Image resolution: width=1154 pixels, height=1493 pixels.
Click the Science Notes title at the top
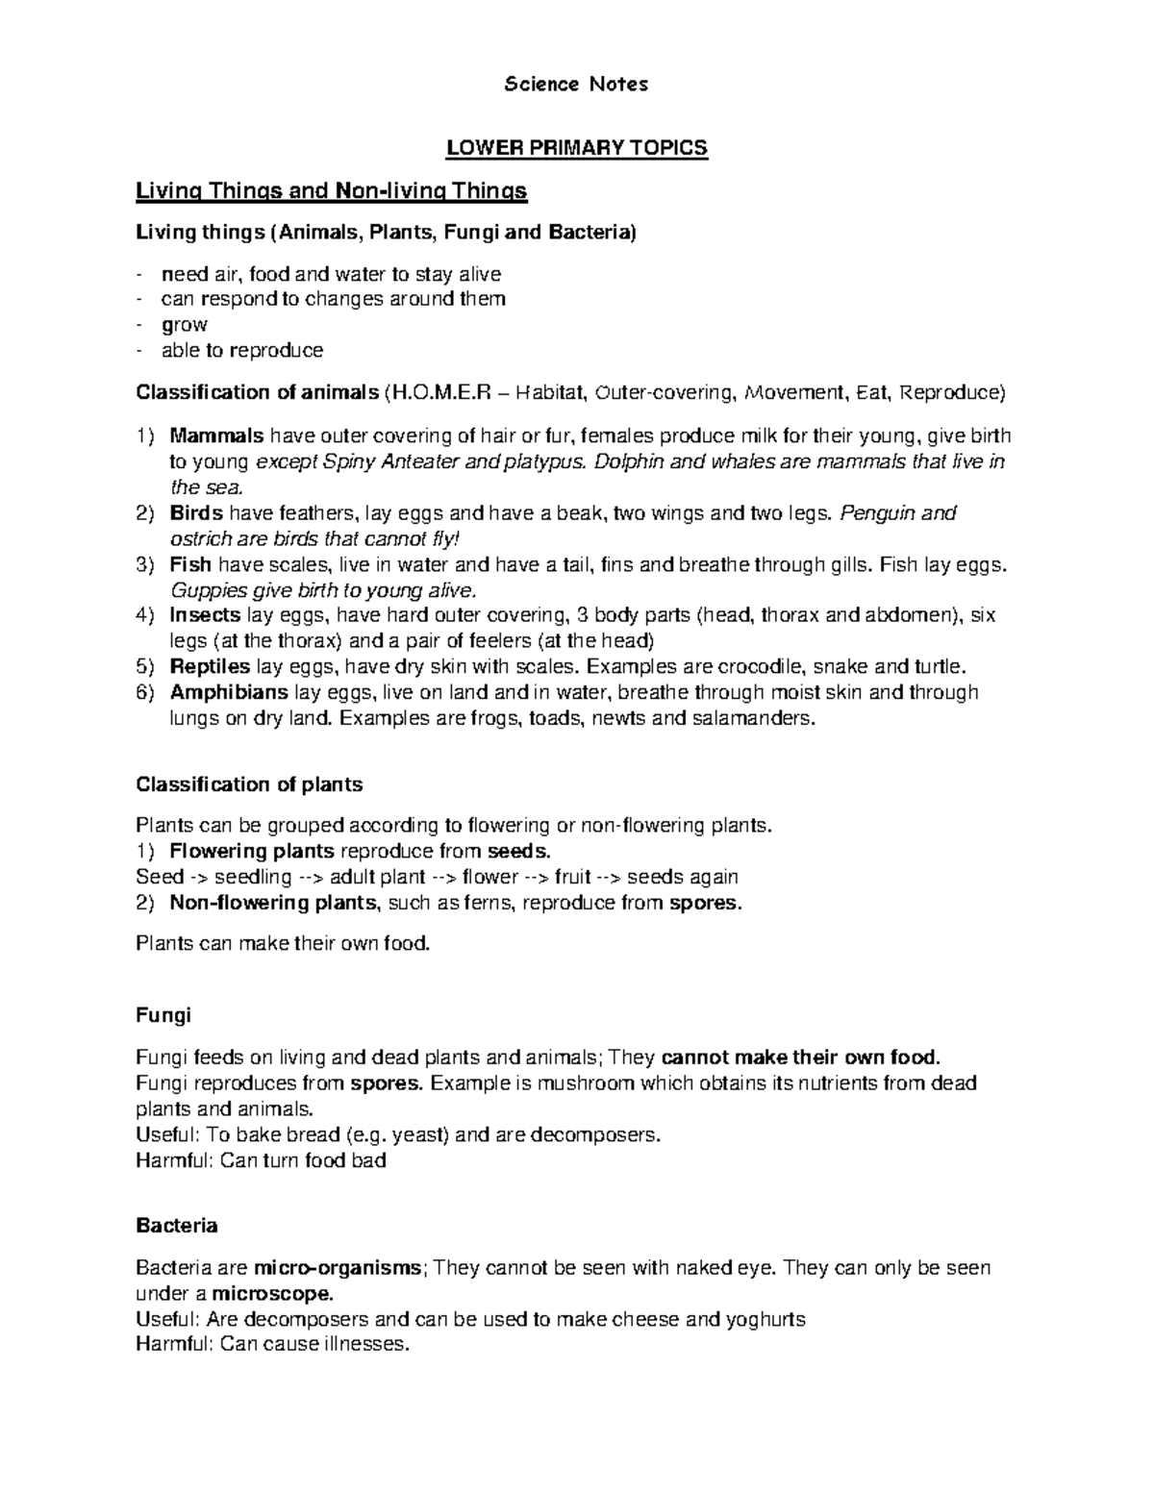576,85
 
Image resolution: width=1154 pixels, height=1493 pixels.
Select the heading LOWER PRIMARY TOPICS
576,148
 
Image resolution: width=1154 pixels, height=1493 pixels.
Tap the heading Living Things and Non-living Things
332,191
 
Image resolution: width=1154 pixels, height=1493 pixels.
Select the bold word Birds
196,513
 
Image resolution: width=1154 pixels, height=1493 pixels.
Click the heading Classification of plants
249,784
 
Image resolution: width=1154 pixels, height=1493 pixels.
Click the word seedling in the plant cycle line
253,877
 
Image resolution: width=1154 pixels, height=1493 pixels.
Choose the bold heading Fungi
163,1015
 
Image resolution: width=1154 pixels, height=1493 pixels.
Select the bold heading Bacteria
177,1226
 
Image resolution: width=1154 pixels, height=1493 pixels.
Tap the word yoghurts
765,1319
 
